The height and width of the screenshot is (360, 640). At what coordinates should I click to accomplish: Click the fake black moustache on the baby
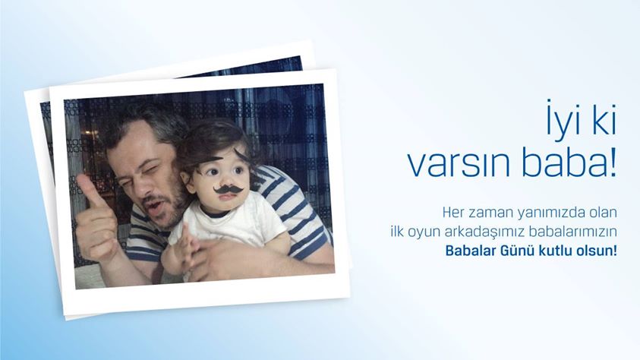229,190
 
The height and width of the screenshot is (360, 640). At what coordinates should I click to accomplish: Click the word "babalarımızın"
572,232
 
